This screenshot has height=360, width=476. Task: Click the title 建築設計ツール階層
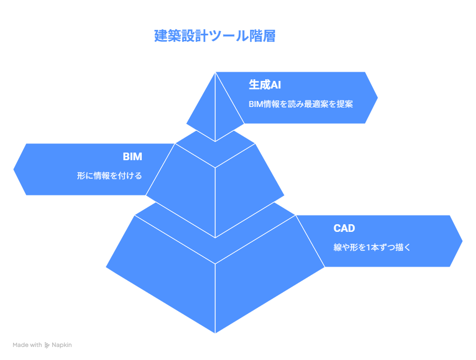(x=215, y=36)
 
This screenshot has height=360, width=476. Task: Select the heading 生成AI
(x=265, y=85)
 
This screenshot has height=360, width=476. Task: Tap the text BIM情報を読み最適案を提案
(x=300, y=104)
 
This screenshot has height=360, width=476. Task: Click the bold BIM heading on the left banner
(x=133, y=156)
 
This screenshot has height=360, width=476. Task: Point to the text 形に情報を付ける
(x=109, y=175)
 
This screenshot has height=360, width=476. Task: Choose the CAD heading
(x=344, y=228)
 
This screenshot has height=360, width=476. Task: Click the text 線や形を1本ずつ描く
(x=372, y=247)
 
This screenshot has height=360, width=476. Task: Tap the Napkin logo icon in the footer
(x=47, y=345)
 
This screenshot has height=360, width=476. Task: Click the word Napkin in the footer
(x=61, y=345)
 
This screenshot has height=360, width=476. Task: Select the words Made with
(x=27, y=345)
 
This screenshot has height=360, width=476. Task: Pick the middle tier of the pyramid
(x=215, y=194)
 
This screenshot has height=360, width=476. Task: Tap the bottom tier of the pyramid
(x=215, y=282)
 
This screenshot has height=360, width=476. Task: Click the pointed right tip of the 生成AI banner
(x=378, y=98)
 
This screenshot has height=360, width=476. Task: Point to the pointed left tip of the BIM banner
(x=14, y=169)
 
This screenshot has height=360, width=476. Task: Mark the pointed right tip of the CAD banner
(x=462, y=241)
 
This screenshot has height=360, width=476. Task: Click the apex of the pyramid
(x=215, y=72)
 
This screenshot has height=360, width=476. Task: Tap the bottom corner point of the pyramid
(x=215, y=333)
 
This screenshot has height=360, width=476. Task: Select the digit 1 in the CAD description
(x=368, y=248)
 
